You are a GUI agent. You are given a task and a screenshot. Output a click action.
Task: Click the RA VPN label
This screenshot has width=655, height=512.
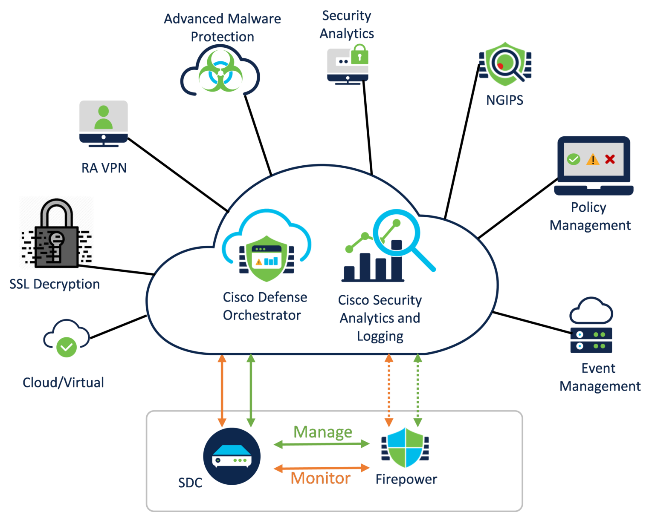click(104, 168)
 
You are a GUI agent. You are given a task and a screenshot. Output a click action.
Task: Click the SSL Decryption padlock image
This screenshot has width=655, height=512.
click(56, 233)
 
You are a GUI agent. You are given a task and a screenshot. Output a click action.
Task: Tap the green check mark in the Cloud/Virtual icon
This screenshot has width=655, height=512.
click(67, 347)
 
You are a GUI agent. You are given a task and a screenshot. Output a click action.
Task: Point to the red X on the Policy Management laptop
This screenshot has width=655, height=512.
click(610, 159)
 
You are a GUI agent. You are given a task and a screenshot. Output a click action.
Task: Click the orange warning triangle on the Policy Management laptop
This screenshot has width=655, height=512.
click(593, 160)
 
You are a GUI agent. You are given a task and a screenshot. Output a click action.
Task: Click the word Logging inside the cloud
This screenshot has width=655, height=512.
click(380, 336)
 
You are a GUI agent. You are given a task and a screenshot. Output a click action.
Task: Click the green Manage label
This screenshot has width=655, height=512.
click(323, 432)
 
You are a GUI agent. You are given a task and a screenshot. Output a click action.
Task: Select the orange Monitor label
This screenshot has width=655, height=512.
click(320, 478)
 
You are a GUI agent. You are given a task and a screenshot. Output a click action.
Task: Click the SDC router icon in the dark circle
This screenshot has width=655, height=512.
click(232, 456)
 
